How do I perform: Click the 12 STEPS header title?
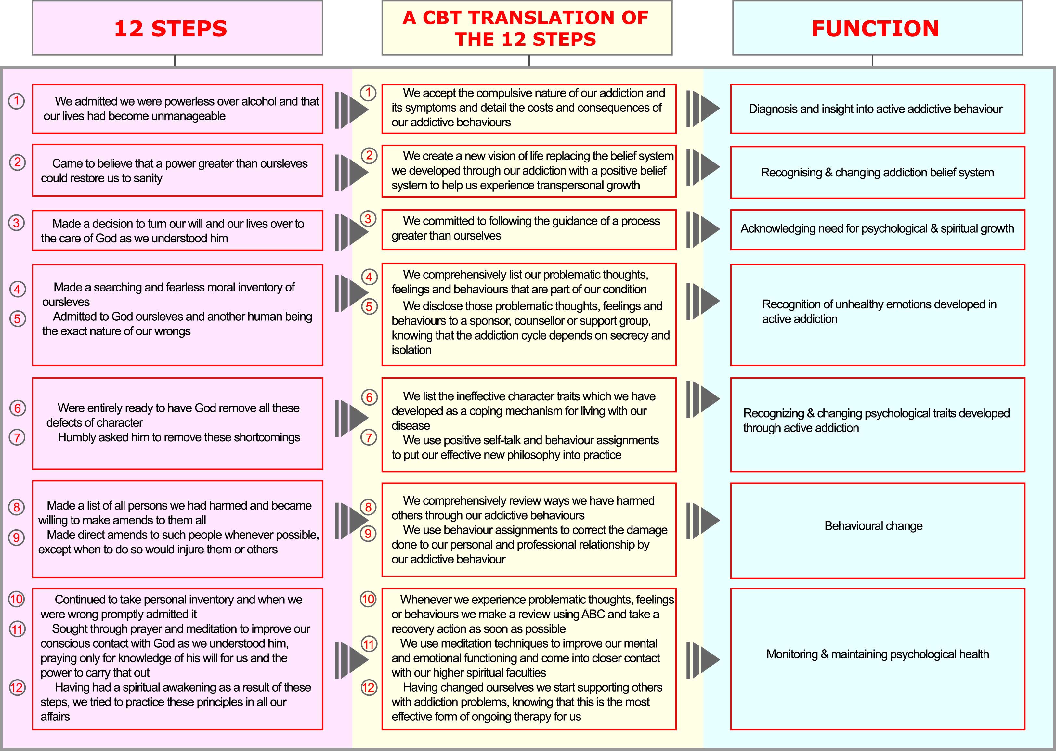pos(171,29)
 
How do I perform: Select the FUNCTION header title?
pos(875,29)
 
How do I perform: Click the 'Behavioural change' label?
pos(873,526)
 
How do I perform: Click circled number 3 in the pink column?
pos(17,223)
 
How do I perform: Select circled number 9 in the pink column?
pos(17,537)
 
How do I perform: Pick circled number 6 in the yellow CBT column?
pos(369,397)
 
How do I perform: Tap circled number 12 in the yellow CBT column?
pos(368,687)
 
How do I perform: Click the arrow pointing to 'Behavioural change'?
pos(703,521)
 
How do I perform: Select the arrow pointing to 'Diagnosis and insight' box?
pos(703,109)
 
